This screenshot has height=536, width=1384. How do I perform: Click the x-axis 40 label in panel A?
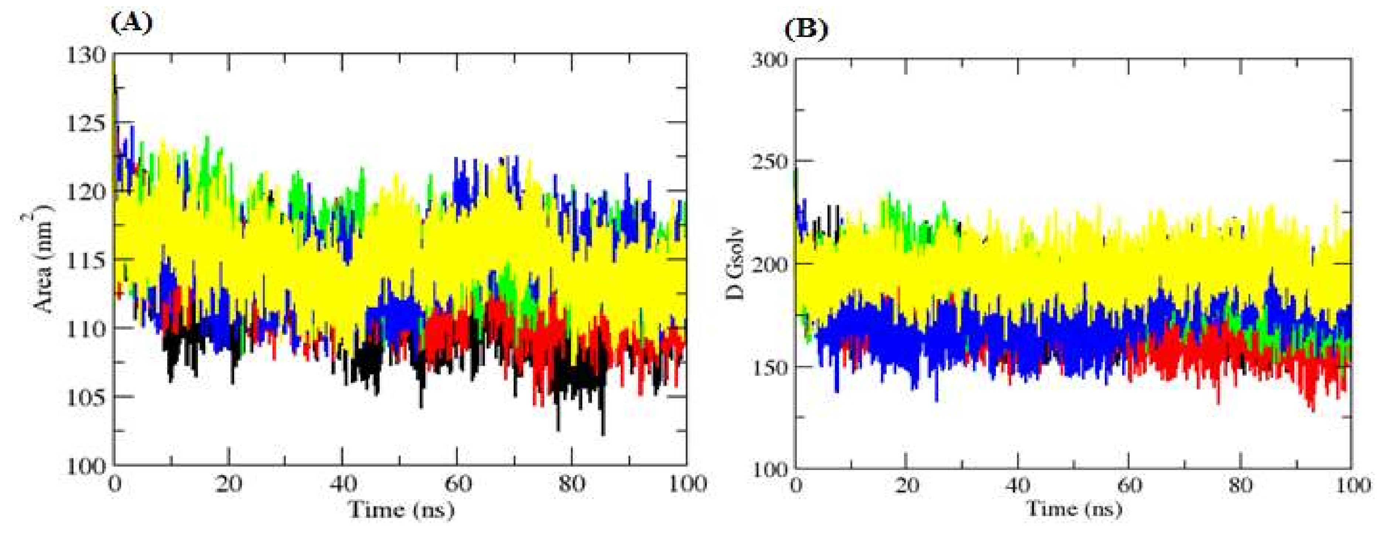343,484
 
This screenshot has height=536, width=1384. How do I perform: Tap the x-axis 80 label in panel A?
572,484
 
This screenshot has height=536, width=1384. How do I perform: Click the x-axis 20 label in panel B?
907,485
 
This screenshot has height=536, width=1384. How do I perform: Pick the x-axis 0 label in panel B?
796,485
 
